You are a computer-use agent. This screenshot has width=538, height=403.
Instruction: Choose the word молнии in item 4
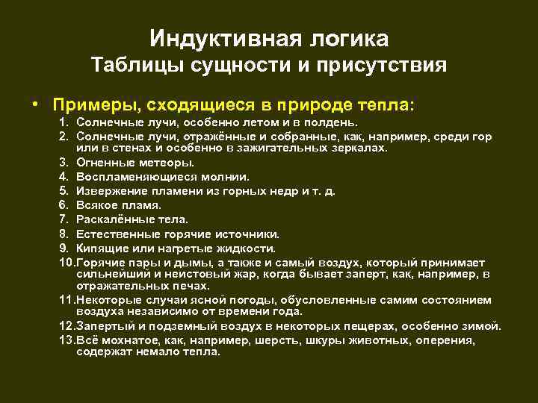coord(224,176)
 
